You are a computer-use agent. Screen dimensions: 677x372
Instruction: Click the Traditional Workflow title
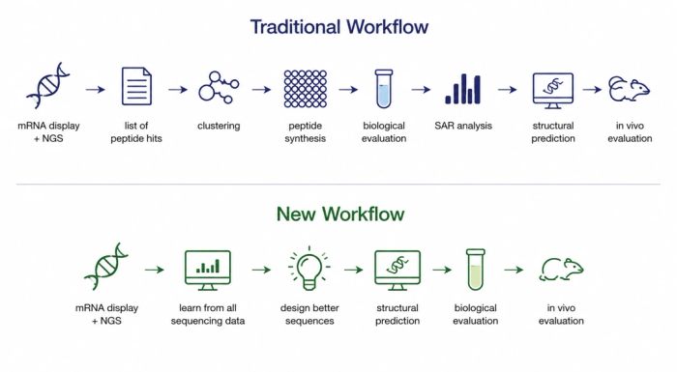(339, 27)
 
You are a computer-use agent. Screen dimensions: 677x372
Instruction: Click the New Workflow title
(340, 214)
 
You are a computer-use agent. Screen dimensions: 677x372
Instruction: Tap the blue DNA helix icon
(48, 85)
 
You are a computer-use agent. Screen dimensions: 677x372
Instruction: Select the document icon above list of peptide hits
(136, 86)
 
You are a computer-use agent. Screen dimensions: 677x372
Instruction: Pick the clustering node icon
(219, 88)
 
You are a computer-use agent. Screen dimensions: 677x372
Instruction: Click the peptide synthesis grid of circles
(306, 89)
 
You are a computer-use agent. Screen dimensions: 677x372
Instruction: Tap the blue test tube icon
(383, 89)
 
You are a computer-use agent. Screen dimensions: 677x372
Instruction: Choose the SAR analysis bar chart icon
(463, 89)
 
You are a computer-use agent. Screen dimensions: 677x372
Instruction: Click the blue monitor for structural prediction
(553, 91)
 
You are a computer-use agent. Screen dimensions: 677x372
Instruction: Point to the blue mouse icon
(629, 89)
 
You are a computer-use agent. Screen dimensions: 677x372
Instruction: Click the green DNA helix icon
(106, 267)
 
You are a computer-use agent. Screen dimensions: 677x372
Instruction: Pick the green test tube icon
(476, 270)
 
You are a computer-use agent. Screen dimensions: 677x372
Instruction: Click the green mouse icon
(561, 270)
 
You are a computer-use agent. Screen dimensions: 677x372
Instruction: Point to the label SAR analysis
(463, 126)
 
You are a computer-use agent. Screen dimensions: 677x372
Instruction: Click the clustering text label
(219, 126)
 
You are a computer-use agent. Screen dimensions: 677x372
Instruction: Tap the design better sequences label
(309, 314)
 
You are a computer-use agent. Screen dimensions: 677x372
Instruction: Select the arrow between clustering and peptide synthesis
(262, 90)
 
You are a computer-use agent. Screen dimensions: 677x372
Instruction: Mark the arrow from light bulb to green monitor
(354, 270)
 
